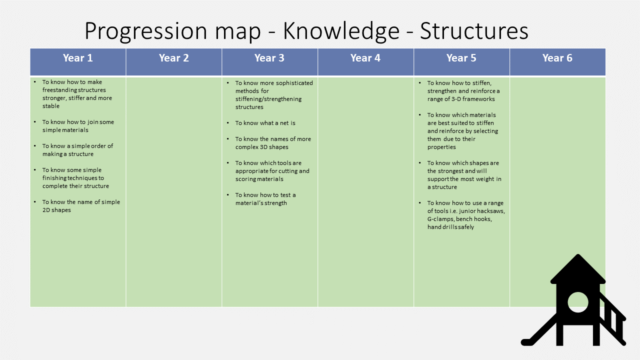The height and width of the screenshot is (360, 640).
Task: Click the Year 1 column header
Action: click(x=77, y=58)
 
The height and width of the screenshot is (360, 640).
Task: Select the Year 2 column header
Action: click(x=173, y=58)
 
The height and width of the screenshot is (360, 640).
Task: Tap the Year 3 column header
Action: click(x=269, y=58)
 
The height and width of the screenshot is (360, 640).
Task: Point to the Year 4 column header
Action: click(x=365, y=58)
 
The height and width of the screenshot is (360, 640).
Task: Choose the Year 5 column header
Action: click(x=461, y=58)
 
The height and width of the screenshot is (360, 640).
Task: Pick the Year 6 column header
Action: click(x=557, y=58)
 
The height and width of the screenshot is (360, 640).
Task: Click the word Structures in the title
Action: click(x=474, y=31)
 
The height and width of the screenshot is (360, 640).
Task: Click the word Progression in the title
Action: click(x=145, y=32)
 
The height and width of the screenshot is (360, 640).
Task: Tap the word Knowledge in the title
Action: click(x=341, y=32)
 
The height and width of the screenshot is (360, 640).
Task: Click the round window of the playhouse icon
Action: click(x=577, y=302)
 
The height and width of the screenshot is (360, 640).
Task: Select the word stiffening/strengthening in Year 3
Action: click(x=268, y=99)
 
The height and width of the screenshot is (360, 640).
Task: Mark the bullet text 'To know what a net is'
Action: click(x=265, y=123)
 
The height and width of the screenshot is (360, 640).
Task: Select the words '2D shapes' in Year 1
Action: click(x=56, y=210)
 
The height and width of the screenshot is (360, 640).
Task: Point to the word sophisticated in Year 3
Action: click(x=294, y=83)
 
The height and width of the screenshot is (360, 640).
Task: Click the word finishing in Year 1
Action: click(x=55, y=178)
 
